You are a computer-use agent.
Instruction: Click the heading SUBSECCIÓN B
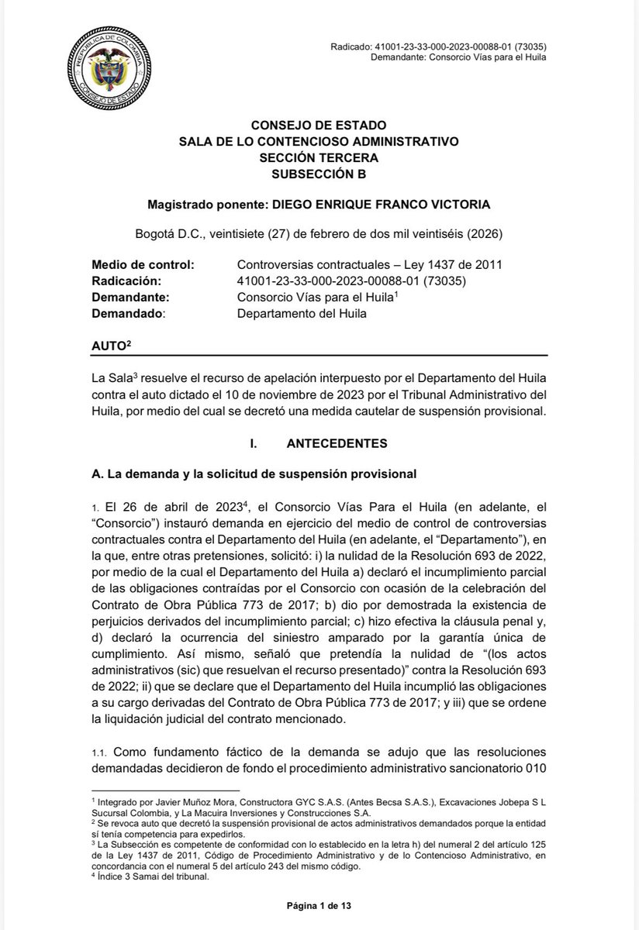pyautogui.click(x=319, y=174)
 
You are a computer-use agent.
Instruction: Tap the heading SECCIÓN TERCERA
pyautogui.click(x=319, y=158)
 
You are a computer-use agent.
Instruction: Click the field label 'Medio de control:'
pyautogui.click(x=136, y=264)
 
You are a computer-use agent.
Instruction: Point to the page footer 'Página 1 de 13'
pyautogui.click(x=319, y=904)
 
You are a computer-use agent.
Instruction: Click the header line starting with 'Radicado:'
pyautogui.click(x=437, y=46)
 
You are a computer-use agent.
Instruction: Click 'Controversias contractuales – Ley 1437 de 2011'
pyautogui.click(x=369, y=264)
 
